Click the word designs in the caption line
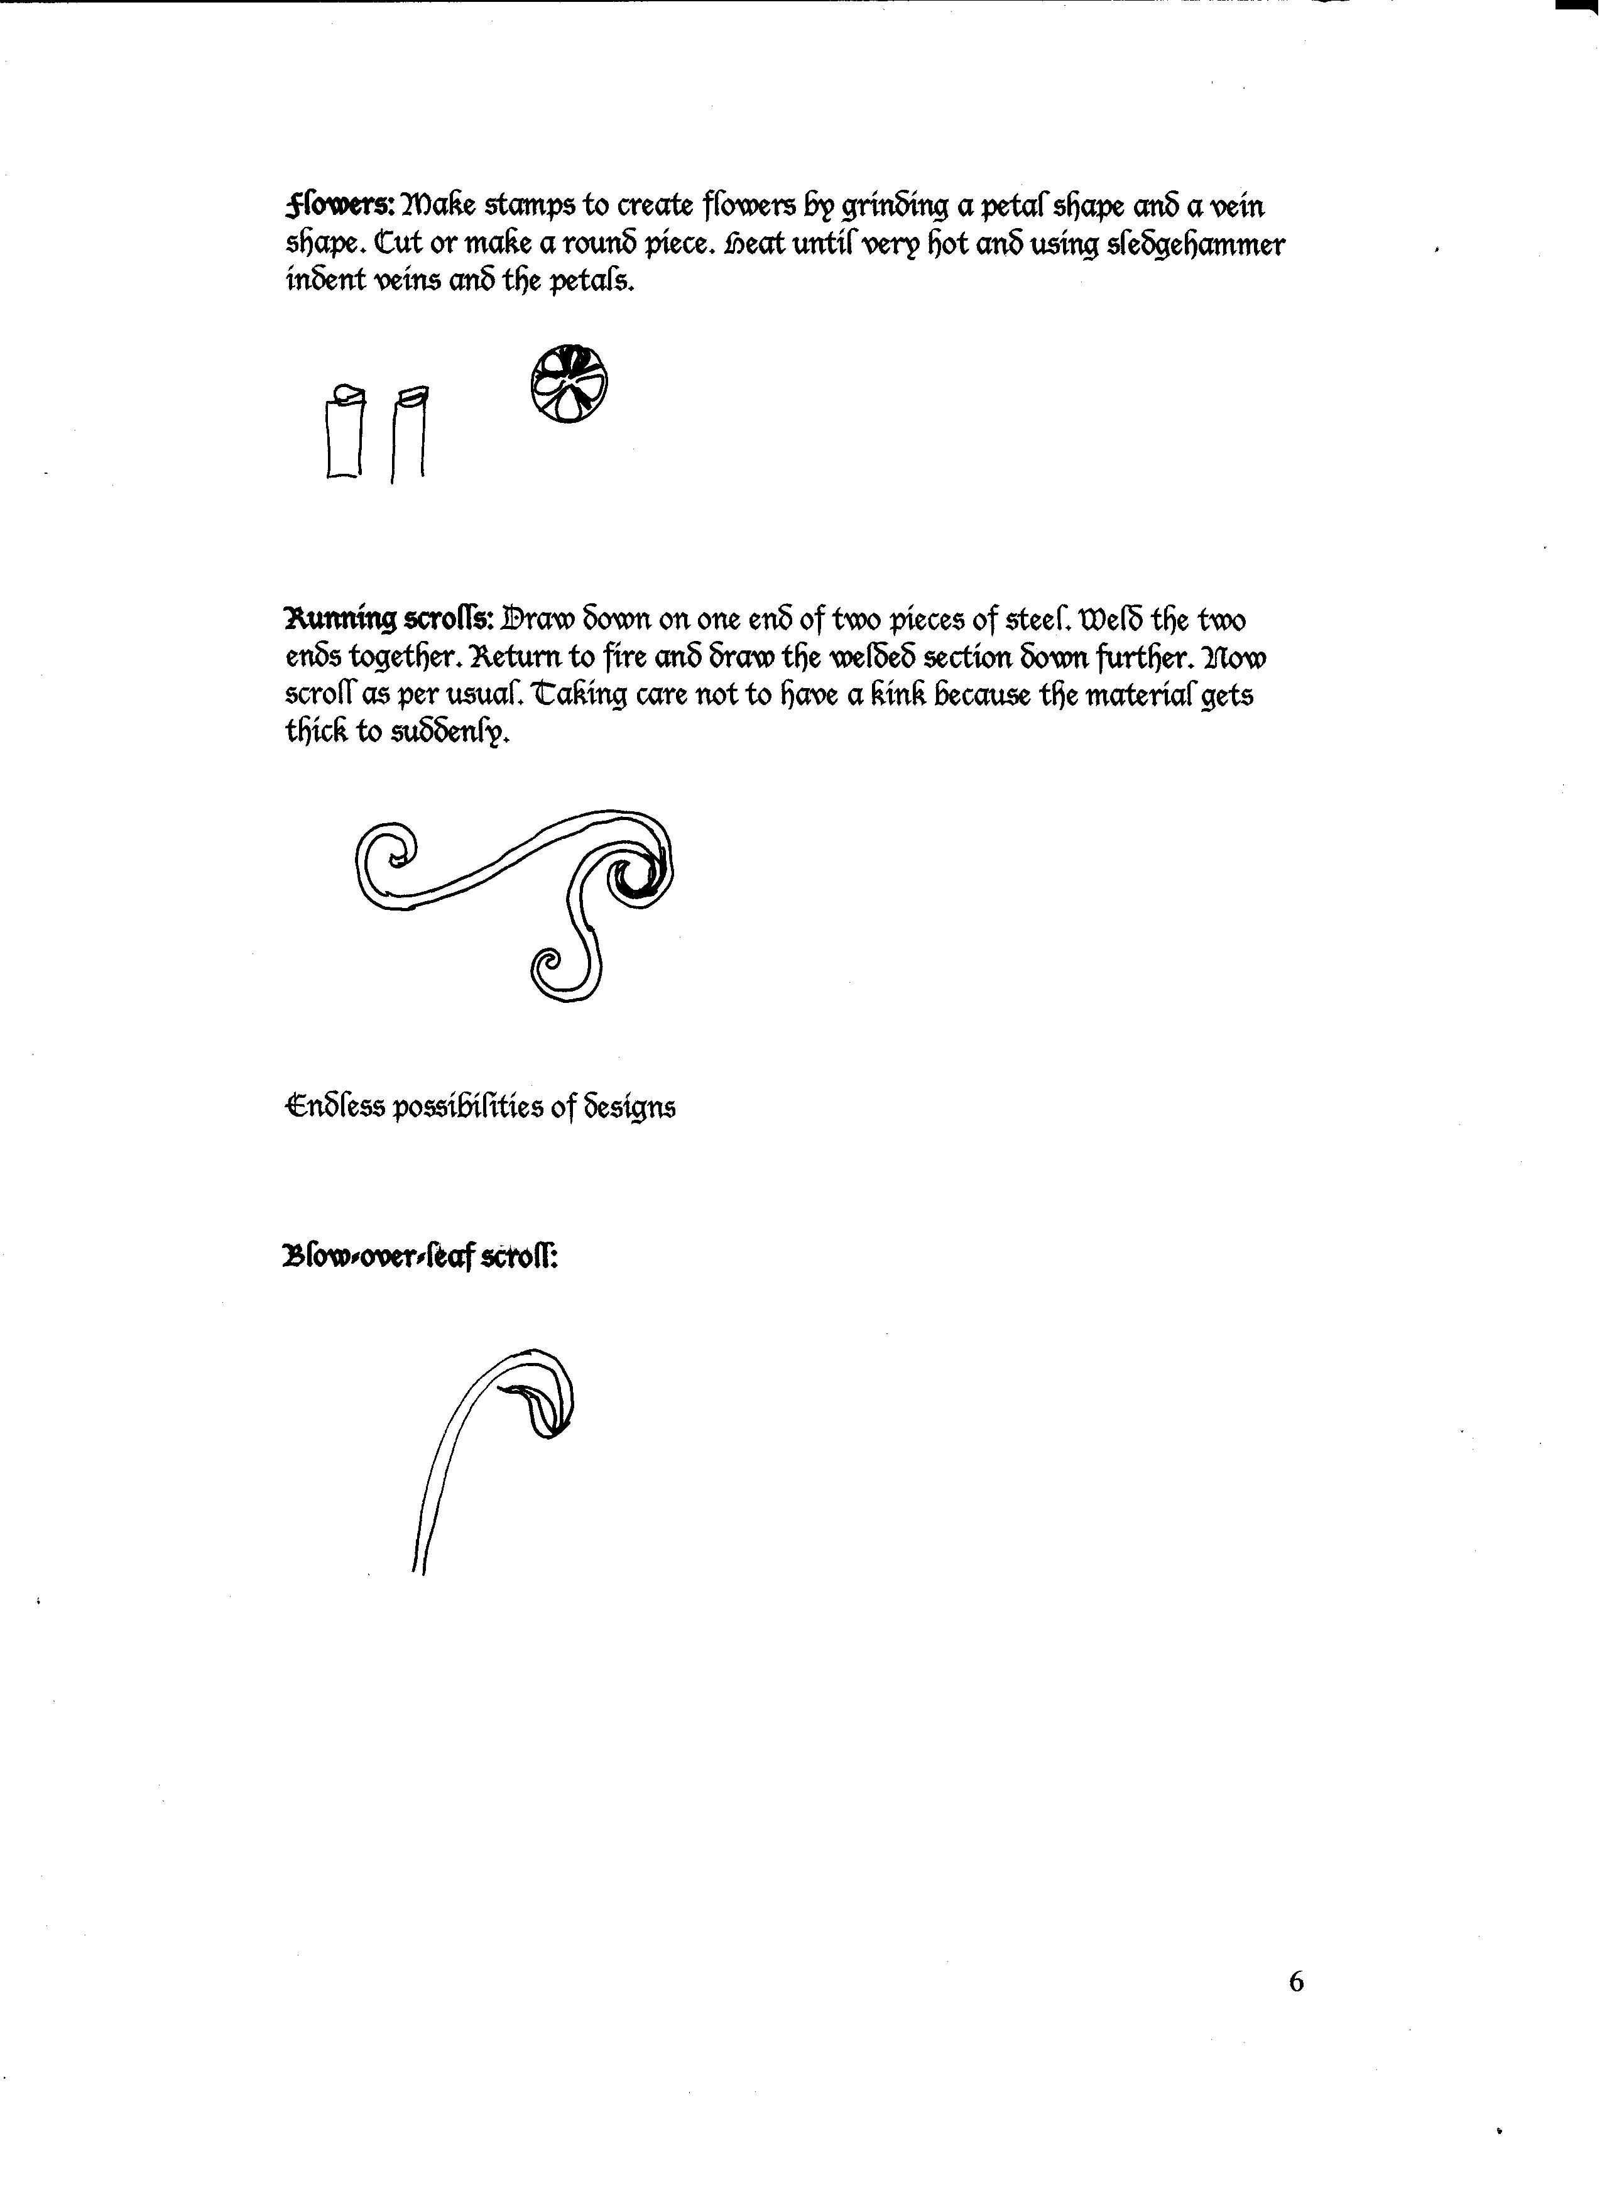coord(629,1108)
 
